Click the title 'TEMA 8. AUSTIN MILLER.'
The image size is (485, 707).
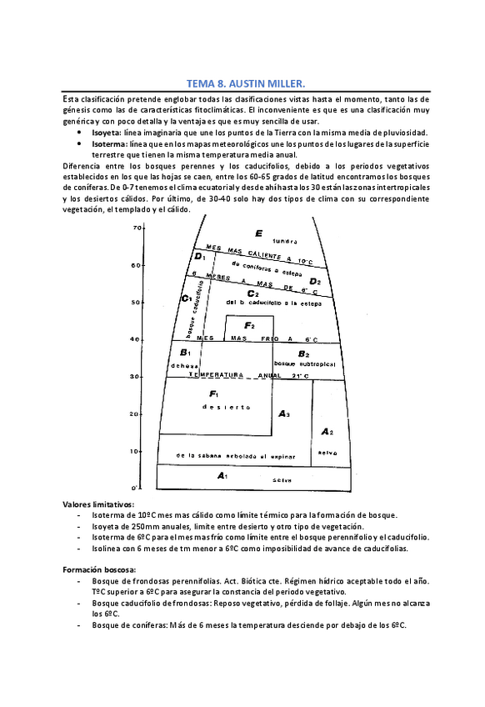click(x=242, y=84)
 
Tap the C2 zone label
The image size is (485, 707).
click(x=252, y=293)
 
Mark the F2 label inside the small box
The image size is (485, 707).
click(x=248, y=324)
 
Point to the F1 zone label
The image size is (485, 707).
click(x=214, y=394)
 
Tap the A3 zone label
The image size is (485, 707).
click(x=283, y=414)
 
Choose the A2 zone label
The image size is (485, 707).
click(x=327, y=432)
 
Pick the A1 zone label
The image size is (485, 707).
click(x=222, y=475)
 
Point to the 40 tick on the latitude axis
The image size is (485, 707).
click(x=134, y=339)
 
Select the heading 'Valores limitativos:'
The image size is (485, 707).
click(x=98, y=504)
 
